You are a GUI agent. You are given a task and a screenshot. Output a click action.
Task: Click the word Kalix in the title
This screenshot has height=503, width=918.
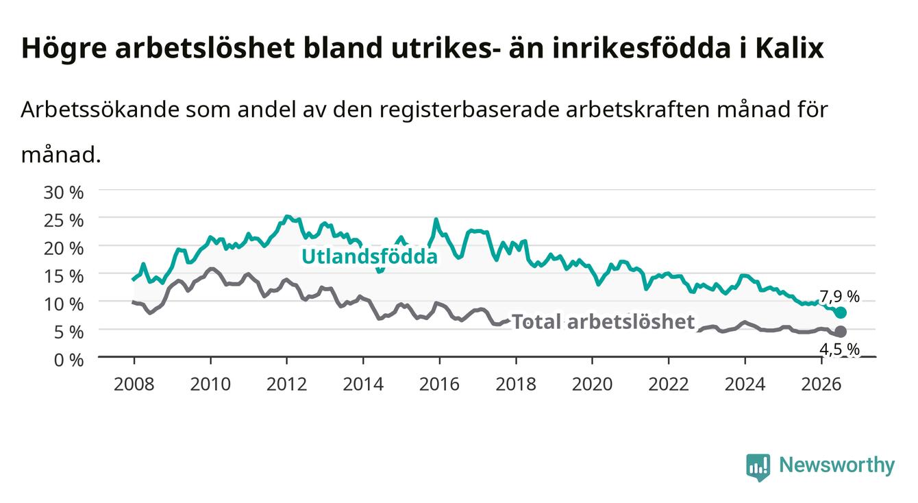(789, 48)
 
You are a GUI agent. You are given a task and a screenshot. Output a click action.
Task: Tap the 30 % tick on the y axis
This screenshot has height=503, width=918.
(64, 193)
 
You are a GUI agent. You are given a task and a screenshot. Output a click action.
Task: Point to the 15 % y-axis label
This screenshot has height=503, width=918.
(64, 276)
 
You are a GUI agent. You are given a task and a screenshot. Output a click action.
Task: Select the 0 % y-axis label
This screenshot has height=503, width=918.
(69, 360)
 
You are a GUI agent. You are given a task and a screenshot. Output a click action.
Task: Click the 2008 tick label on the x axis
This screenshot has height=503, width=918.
(134, 384)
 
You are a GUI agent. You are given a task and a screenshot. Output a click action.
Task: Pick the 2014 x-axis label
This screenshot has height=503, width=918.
(363, 384)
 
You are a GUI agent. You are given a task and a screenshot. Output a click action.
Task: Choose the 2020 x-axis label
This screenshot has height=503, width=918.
(592, 384)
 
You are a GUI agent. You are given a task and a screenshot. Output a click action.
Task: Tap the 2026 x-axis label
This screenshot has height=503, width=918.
(821, 384)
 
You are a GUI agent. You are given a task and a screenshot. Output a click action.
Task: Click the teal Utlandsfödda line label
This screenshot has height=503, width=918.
(369, 256)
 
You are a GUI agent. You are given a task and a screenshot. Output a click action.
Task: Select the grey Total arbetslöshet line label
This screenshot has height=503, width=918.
(604, 322)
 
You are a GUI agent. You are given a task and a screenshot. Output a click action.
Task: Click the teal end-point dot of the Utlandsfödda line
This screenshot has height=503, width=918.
(841, 312)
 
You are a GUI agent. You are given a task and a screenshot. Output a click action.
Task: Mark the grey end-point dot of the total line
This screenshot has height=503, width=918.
(841, 331)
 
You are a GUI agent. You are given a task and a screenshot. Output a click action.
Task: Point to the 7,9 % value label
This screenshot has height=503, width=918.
(839, 297)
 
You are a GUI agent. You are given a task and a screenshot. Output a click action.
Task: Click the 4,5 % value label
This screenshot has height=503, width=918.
(839, 349)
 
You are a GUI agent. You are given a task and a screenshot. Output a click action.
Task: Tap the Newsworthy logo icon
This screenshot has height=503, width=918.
(758, 467)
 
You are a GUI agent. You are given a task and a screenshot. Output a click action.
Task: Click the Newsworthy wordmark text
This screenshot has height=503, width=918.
(836, 465)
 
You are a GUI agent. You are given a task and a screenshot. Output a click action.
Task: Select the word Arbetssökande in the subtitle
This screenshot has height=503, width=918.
(100, 110)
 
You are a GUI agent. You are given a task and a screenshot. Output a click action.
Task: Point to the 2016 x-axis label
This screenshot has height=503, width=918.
(439, 384)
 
